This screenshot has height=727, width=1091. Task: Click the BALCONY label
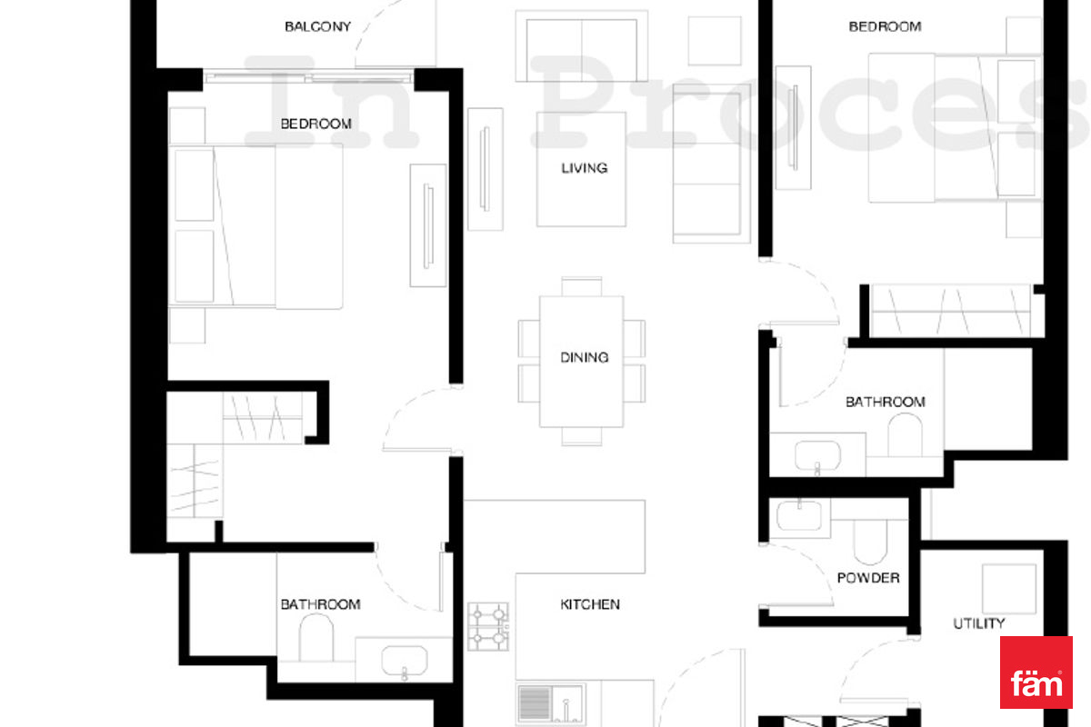pos(317,26)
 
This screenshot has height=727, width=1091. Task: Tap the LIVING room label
pos(584,168)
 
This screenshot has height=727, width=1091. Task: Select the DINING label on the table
pos(584,357)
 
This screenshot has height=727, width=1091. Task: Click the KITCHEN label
pos(590,604)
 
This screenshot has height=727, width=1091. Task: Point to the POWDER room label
pos(868,577)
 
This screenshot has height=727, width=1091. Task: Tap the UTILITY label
pos(978,623)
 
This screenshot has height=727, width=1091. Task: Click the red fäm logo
pos(1036,672)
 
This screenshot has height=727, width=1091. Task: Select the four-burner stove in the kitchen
pos(488,627)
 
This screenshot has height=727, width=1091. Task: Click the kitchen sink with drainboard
pos(551,703)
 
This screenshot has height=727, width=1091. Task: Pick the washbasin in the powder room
pos(799,515)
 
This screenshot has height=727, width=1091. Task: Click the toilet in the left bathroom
pos(316,637)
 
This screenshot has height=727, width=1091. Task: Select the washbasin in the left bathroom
pos(405,662)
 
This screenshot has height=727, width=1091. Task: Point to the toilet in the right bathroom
pos(905,434)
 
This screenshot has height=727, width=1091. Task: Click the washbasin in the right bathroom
pos(817,456)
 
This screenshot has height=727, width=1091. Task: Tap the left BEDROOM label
pos(316,124)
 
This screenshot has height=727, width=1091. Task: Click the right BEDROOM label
pos(885,26)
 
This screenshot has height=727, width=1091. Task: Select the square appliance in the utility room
pos(1008,589)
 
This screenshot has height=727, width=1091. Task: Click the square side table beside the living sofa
pos(715,41)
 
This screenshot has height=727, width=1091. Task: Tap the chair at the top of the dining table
pos(582,286)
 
